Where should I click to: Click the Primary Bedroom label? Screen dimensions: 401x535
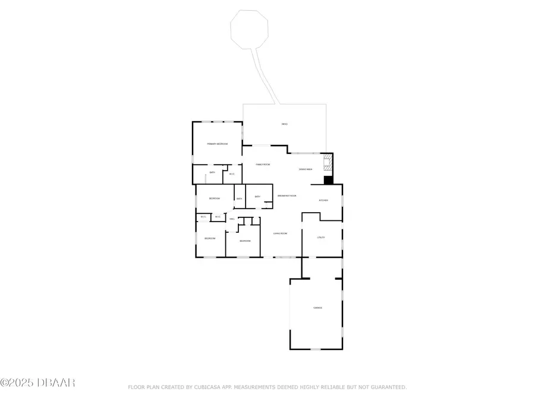click(x=218, y=144)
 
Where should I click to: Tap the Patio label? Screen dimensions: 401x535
click(x=284, y=124)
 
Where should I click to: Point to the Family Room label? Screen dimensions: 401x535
click(x=263, y=164)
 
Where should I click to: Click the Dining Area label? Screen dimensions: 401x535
click(x=306, y=169)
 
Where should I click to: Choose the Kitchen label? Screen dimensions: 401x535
click(x=323, y=200)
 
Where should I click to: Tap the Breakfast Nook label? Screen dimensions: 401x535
click(x=287, y=195)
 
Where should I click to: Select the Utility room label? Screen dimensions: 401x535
click(x=321, y=238)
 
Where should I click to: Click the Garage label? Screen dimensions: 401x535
click(x=317, y=308)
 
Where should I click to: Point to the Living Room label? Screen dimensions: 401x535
click(x=280, y=233)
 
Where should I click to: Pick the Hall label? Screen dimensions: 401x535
click(x=232, y=220)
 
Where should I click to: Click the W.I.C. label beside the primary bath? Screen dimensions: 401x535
click(x=232, y=174)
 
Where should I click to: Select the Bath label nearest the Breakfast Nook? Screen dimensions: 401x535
click(x=257, y=197)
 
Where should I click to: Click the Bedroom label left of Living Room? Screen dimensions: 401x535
click(x=246, y=241)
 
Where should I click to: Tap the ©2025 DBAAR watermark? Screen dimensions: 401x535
click(x=37, y=383)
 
